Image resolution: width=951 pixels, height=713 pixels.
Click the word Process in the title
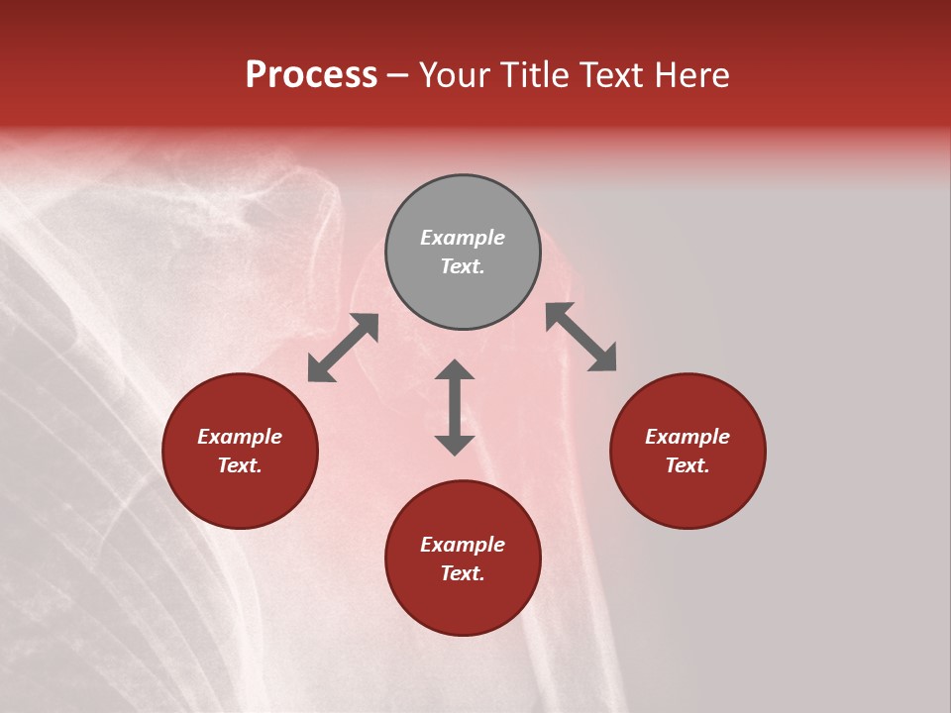pyautogui.click(x=311, y=75)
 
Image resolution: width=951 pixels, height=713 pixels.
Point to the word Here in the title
pyautogui.click(x=697, y=75)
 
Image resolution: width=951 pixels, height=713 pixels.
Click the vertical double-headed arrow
pyautogui.click(x=455, y=407)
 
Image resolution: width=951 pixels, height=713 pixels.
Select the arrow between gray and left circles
pyautogui.click(x=343, y=348)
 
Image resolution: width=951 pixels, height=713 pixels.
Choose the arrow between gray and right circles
pyautogui.click(x=581, y=338)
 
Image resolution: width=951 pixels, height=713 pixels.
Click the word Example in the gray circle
pyautogui.click(x=463, y=238)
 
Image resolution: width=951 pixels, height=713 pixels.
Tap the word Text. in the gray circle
pyautogui.click(x=463, y=266)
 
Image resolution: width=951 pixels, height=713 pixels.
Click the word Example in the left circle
pyautogui.click(x=240, y=437)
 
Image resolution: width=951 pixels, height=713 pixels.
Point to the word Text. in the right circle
pyautogui.click(x=687, y=465)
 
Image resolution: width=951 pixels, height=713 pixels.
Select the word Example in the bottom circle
pyautogui.click(x=463, y=545)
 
